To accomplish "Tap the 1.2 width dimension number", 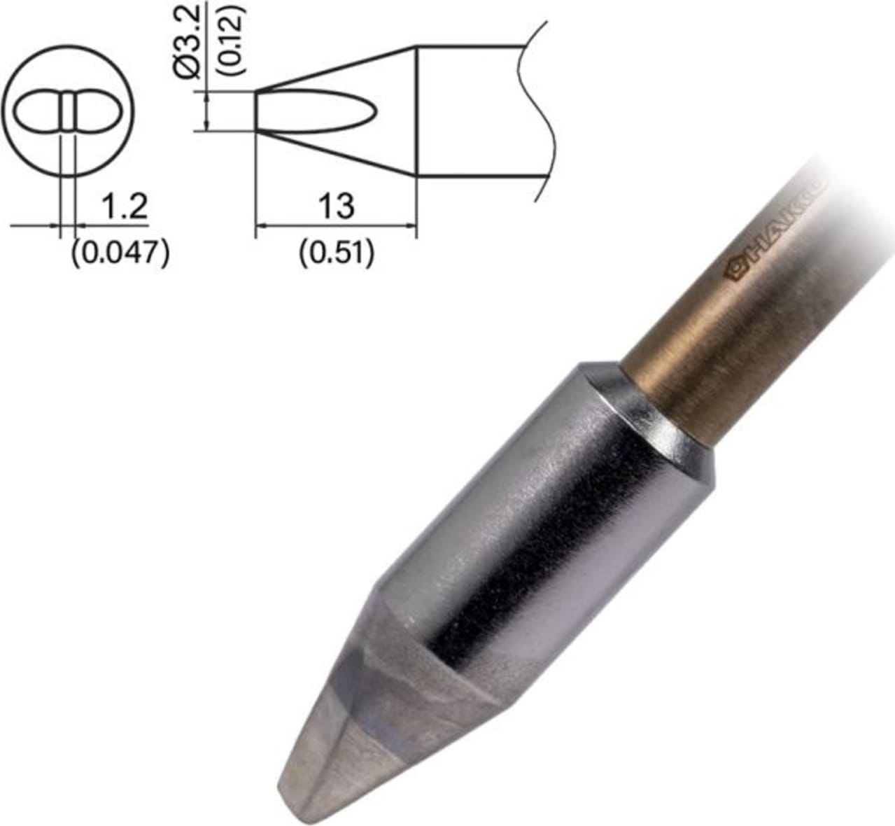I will pyautogui.click(x=124, y=207).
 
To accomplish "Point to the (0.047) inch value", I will pyautogui.click(x=120, y=253).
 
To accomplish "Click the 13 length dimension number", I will pyautogui.click(x=336, y=206).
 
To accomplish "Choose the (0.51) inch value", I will pyautogui.click(x=336, y=253).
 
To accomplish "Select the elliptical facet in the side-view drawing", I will pyautogui.click(x=315, y=111).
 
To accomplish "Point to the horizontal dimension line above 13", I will pyautogui.click(x=336, y=225).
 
